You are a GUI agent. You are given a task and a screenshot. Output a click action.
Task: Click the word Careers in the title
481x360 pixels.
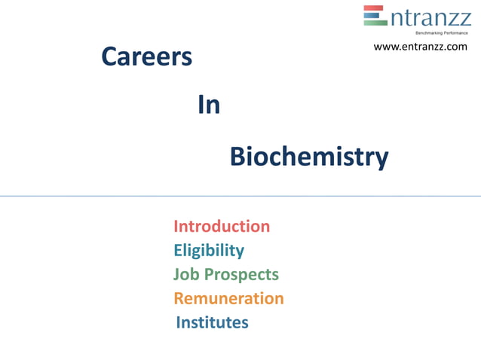pos(146,56)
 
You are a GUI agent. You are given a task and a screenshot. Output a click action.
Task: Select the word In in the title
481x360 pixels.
pos(209,105)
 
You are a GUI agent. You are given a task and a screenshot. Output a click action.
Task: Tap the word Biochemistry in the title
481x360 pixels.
pos(309,157)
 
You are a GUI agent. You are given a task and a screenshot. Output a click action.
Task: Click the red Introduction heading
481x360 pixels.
pos(222,226)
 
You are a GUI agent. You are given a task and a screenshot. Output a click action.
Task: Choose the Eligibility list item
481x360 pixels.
pos(209,250)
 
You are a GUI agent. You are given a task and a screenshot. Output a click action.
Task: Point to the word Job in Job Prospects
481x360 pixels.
pos(186,274)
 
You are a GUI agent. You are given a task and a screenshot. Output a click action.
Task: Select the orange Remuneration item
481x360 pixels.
pos(228,298)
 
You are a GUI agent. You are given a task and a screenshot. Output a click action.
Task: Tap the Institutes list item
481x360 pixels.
pos(212,322)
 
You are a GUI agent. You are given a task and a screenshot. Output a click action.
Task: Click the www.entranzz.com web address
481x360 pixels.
pos(421,47)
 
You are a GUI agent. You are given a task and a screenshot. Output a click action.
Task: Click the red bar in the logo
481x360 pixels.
pos(375,8)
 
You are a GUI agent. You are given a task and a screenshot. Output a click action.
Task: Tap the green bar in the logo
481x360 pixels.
pos(375,23)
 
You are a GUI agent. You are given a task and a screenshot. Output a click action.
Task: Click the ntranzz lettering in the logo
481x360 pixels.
pos(430,17)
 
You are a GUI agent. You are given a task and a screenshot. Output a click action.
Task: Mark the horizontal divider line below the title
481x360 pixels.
pos(240,196)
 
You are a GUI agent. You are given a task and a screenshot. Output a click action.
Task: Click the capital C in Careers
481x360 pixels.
pos(110,56)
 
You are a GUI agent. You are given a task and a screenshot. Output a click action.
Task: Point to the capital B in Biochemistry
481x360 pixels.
pos(237,157)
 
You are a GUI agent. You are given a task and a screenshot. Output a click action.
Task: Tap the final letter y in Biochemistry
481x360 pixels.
pos(382,160)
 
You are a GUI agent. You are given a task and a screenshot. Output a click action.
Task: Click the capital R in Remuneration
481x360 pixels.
pos(180,298)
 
